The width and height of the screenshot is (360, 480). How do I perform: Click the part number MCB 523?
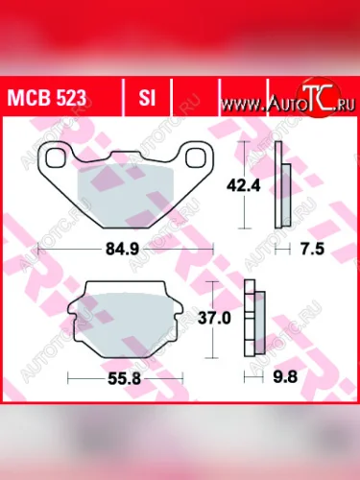click(49, 99)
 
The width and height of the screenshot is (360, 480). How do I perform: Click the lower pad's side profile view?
click(252, 317)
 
